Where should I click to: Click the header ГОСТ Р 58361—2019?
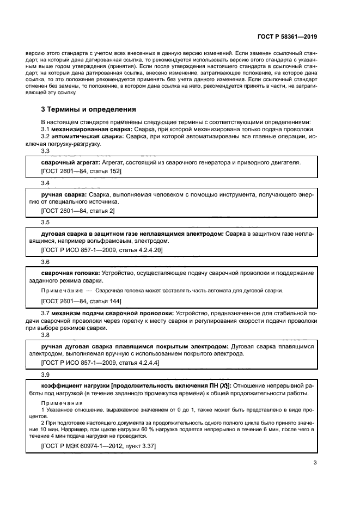(287, 36)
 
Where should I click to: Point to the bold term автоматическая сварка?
(89, 137)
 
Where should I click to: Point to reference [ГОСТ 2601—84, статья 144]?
(81, 301)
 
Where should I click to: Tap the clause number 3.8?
(45, 335)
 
